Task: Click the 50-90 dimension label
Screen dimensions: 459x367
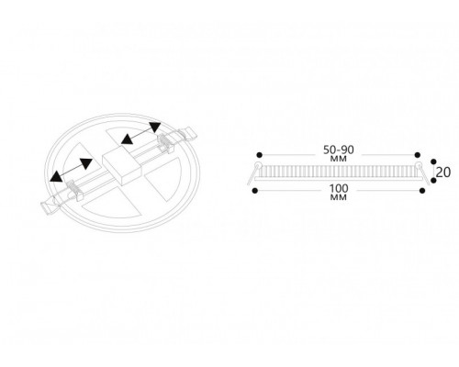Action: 339,150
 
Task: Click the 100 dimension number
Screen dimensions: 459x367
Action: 339,188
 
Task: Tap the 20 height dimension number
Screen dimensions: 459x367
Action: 443,172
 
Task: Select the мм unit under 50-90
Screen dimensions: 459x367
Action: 339,159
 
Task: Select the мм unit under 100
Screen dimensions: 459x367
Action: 339,197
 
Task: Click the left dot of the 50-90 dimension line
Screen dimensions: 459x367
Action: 260,155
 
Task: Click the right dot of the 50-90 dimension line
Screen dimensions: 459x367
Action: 418,155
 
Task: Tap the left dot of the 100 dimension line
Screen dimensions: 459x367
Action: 254,191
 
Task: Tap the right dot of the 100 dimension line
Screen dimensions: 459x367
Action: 422,191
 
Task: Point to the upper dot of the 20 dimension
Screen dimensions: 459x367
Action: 433,161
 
